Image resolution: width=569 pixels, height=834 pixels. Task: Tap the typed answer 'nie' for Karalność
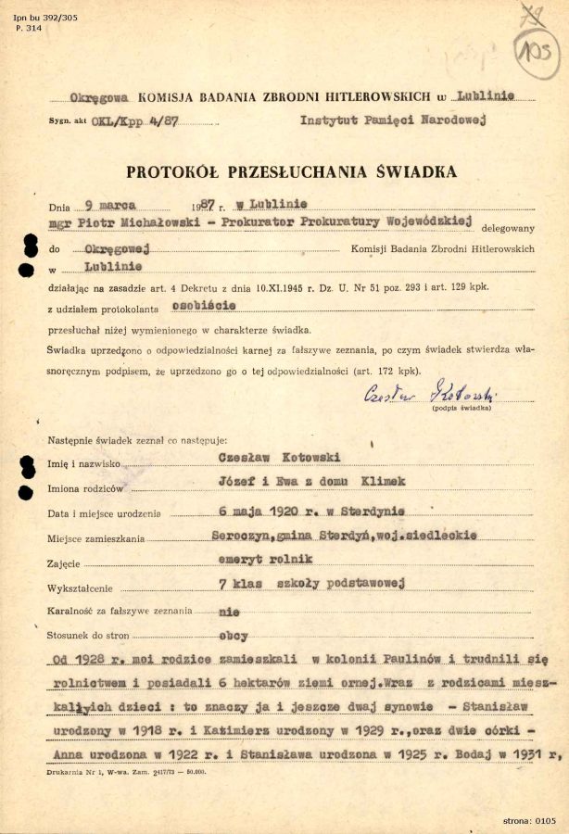pyautogui.click(x=228, y=611)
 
